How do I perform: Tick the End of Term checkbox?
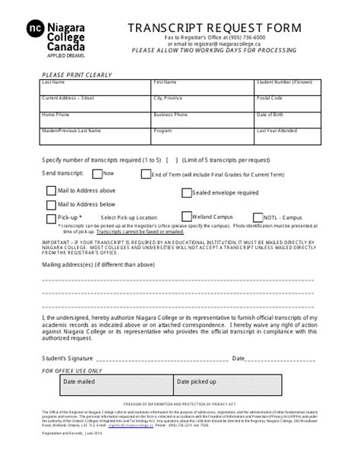tap(146, 174)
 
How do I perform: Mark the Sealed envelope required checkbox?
tap(186, 192)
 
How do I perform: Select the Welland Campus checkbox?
tap(187, 217)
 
